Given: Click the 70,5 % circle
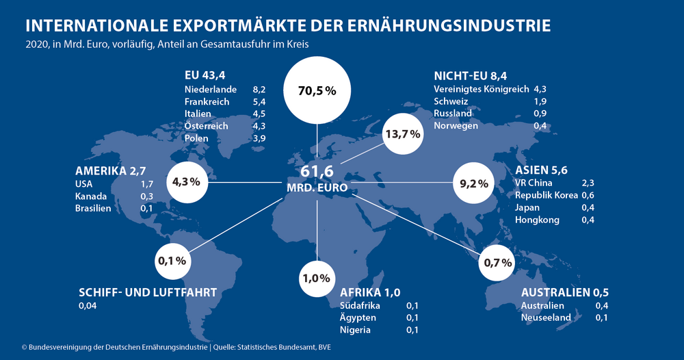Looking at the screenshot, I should [317, 90].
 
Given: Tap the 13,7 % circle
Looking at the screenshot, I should [402, 134].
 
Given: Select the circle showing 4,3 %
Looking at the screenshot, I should [186, 182].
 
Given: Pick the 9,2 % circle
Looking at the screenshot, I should [473, 183].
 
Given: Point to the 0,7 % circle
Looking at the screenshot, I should [497, 262].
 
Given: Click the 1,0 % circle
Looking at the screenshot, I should [317, 279].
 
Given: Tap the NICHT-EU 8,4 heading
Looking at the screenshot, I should [470, 75].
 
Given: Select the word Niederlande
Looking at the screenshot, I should [211, 89].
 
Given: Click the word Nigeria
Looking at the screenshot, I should [355, 330].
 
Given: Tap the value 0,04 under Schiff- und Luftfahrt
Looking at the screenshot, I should [88, 306].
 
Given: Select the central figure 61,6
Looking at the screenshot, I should [317, 171].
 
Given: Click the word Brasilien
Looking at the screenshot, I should [93, 208].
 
